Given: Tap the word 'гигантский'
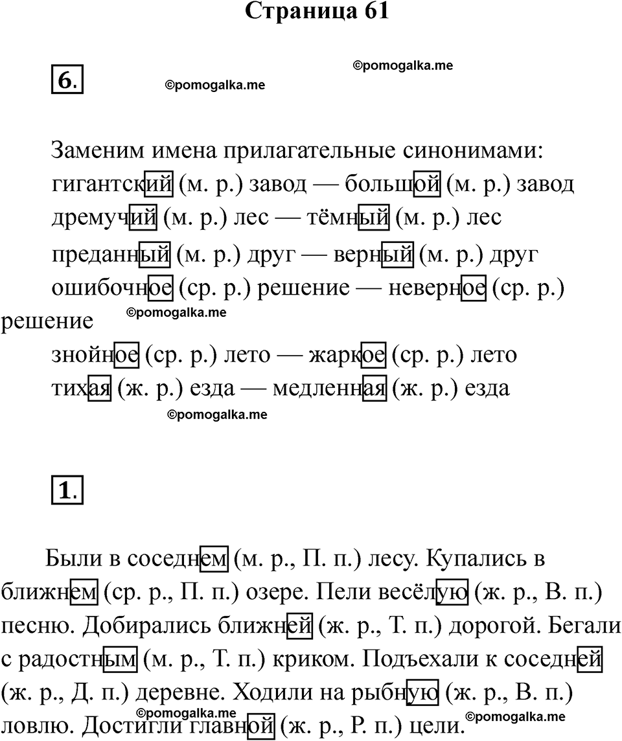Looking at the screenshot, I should [x=111, y=185].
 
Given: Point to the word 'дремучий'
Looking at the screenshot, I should [x=104, y=218].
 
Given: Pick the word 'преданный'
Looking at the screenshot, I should [x=110, y=255].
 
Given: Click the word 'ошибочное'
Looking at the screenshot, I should [x=111, y=288].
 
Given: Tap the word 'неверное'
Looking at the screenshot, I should [x=436, y=288].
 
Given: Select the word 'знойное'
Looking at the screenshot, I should [x=95, y=355].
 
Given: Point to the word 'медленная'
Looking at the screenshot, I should [x=330, y=388].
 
